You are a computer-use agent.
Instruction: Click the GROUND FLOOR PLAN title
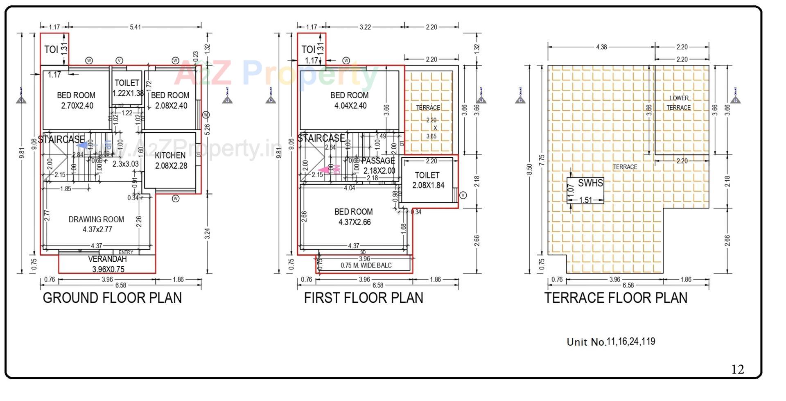point(112,298)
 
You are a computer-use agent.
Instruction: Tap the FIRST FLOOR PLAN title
point(364,298)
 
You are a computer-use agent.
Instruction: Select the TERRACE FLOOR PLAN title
point(616,298)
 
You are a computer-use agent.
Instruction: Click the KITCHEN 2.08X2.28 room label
point(171,161)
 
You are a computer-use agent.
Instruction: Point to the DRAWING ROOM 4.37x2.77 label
point(97,224)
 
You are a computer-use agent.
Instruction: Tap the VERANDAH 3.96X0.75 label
point(108,264)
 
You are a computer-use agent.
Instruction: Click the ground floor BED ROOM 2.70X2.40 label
point(77,100)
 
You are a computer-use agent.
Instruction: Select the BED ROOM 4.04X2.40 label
point(350,100)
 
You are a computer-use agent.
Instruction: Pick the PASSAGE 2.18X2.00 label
point(379,165)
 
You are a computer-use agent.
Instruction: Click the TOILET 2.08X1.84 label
point(428,180)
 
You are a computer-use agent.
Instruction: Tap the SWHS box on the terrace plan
point(585,190)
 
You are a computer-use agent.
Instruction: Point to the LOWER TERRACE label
point(679,103)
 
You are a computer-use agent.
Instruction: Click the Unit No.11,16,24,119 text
point(611,342)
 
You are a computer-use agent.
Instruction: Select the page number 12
point(737,369)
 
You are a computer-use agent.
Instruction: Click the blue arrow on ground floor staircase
point(83,145)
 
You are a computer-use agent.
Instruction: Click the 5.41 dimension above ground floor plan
point(135,27)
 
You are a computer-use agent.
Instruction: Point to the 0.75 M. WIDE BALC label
point(366,265)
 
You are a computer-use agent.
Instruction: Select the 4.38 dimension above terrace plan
point(601,47)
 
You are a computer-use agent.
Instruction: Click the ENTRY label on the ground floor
point(126,252)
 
